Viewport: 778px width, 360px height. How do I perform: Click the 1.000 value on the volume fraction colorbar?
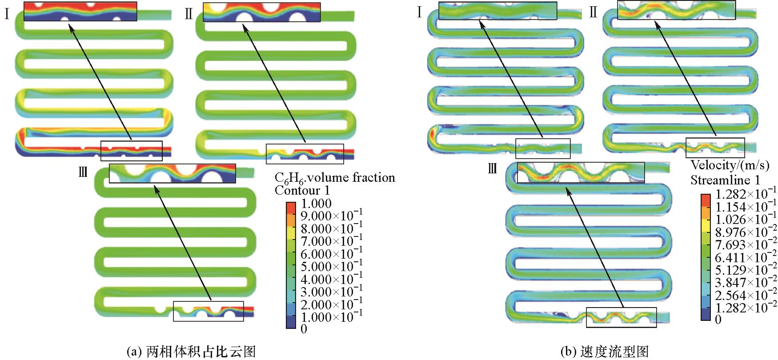click(316, 204)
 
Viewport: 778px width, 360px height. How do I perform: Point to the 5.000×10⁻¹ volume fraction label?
click(332, 267)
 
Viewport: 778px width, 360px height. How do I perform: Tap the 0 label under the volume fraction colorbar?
click(304, 329)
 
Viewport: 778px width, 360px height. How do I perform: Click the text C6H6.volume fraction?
click(335, 178)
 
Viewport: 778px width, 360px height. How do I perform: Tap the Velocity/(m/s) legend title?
click(730, 166)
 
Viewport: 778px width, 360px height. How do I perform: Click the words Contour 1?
click(303, 191)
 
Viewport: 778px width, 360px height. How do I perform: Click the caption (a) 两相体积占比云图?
click(192, 351)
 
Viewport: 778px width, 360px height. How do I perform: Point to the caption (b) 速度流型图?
click(605, 351)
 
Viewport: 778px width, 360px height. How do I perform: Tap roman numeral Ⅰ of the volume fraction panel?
click(7, 14)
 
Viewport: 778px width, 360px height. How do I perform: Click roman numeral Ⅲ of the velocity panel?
click(492, 169)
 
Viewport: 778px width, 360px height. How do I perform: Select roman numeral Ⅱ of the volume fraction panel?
click(188, 14)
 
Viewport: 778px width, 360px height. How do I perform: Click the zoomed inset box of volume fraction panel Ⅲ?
click(172, 174)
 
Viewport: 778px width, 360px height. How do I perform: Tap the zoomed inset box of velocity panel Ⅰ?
click(497, 11)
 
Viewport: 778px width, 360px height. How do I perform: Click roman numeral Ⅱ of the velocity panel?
click(593, 13)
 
